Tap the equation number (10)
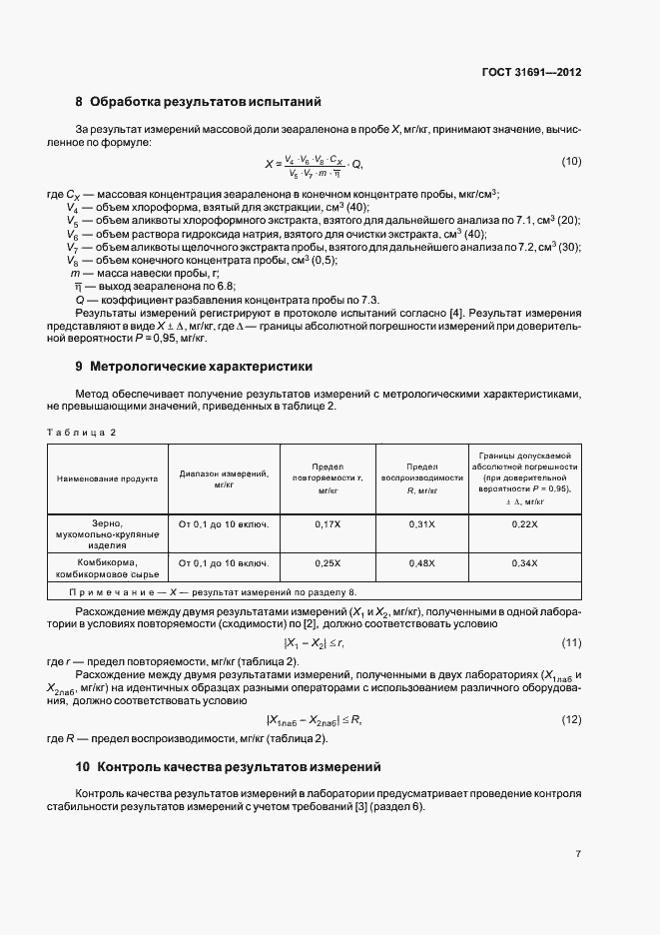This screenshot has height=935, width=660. pyautogui.click(x=571, y=162)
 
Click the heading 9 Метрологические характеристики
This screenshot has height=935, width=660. pyautogui.click(x=194, y=366)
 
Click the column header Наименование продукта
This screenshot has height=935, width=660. pyautogui.click(x=108, y=478)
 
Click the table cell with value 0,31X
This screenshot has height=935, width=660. pyautogui.click(x=422, y=523)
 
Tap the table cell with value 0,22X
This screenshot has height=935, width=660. pyautogui.click(x=524, y=523)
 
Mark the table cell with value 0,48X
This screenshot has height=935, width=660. pyautogui.click(x=422, y=563)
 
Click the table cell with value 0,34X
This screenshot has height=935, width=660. pyautogui.click(x=524, y=563)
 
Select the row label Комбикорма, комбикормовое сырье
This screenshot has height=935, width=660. pyautogui.click(x=108, y=569)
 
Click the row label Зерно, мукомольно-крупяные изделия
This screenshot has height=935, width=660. pyautogui.click(x=108, y=534)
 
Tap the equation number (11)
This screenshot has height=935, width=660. pyautogui.click(x=571, y=641)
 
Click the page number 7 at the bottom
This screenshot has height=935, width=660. pyautogui.click(x=578, y=854)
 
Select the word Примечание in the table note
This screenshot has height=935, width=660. pyautogui.click(x=106, y=591)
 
